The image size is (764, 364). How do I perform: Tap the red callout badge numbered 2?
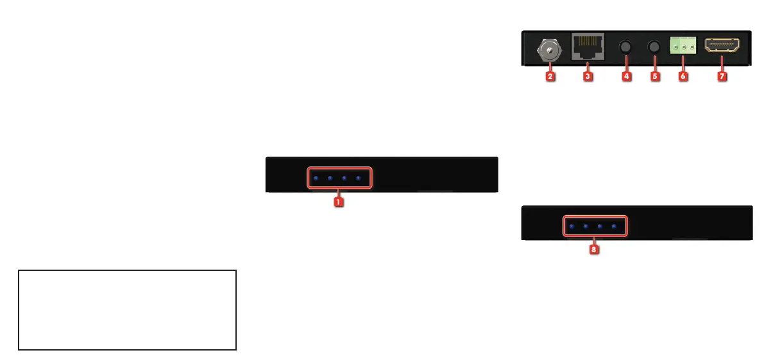[550, 76]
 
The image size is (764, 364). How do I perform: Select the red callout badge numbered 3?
[588, 76]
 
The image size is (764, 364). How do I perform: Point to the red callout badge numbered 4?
[627, 76]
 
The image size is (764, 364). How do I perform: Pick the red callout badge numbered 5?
[655, 76]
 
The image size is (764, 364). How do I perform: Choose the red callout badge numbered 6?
[683, 76]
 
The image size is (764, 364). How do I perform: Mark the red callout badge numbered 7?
[722, 76]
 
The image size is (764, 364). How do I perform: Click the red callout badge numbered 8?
[594, 250]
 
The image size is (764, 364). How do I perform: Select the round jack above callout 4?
[627, 48]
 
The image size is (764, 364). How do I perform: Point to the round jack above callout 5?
[655, 48]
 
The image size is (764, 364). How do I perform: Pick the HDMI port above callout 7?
[722, 46]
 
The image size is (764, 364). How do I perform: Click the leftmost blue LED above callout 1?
[316, 178]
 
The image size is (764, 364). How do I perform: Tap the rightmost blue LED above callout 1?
[359, 178]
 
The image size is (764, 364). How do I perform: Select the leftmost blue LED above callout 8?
[572, 227]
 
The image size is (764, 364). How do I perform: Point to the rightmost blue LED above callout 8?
[615, 227]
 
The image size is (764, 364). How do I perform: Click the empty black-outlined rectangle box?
[127, 309]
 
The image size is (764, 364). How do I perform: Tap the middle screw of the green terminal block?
[684, 48]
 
